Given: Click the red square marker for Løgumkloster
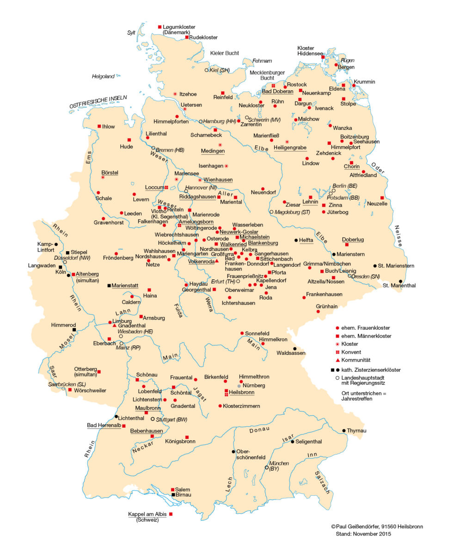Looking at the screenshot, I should pyautogui.click(x=160, y=27).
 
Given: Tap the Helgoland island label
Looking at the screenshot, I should pyautogui.click(x=103, y=76).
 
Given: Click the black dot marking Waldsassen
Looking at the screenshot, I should pyautogui.click(x=294, y=349).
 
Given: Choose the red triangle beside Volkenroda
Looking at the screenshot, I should pyautogui.click(x=216, y=261).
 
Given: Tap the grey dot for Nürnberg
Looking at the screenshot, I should pyautogui.click(x=239, y=386).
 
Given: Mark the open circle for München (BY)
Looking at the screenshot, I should pyautogui.click(x=266, y=468).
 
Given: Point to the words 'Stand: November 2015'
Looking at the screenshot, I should pyautogui.click(x=363, y=534).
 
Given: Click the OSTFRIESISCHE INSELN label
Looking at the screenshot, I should pyautogui.click(x=98, y=102).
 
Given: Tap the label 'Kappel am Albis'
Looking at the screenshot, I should pyautogui.click(x=147, y=514).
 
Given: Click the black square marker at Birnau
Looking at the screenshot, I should pyautogui.click(x=173, y=495).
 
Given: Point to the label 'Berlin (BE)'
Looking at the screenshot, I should pyautogui.click(x=345, y=185).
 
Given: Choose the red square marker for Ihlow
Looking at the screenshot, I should pyautogui.click(x=99, y=126).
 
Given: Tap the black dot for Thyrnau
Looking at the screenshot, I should pyautogui.click(x=344, y=431).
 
